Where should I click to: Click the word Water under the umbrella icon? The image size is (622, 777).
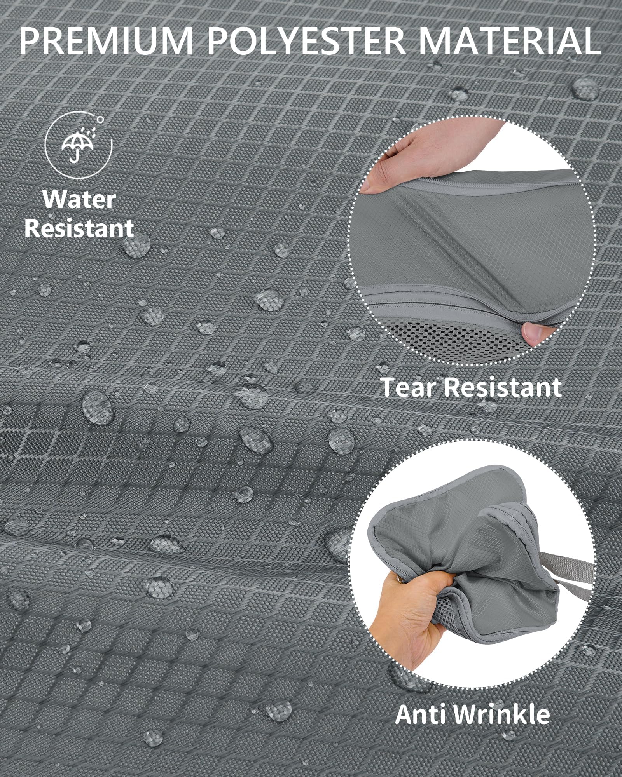click(79, 200)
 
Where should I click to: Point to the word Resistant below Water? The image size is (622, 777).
click(79, 228)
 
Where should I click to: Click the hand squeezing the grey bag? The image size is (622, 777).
click(404, 618)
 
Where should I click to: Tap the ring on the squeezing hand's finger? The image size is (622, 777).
click(398, 590)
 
